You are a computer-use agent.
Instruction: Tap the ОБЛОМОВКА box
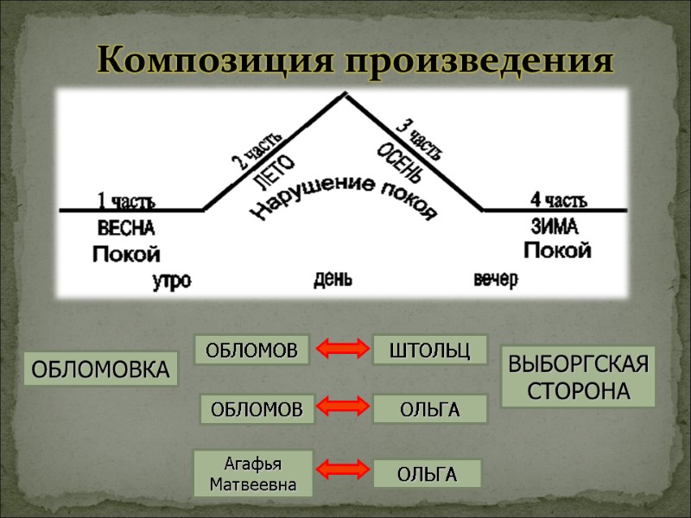(100, 370)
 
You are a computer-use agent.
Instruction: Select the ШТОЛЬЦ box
(430, 351)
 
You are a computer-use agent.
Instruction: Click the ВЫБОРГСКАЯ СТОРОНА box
(578, 376)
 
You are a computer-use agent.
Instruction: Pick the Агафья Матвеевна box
(253, 473)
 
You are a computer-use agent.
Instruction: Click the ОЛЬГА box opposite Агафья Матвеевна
(427, 474)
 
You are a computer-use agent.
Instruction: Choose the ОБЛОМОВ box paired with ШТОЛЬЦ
(251, 351)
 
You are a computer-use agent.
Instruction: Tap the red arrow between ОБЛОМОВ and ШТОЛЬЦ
(341, 351)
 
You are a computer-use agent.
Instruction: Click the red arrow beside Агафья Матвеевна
(341, 471)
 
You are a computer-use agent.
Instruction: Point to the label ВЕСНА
(126, 229)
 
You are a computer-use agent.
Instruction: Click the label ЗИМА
(554, 226)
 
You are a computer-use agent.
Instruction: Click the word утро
(171, 281)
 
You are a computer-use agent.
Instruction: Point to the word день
(333, 279)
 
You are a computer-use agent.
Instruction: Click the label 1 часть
(126, 202)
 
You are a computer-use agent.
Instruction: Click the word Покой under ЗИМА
(557, 251)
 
